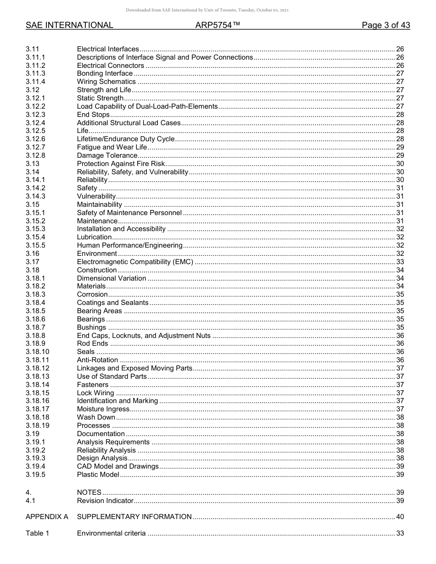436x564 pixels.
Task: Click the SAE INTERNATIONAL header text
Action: pos(69,25)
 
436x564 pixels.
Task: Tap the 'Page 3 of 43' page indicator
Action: pos(386,25)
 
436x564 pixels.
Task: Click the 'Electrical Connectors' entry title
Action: pos(110,66)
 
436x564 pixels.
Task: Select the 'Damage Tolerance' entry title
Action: pos(107,155)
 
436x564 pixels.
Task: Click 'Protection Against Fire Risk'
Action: pos(120,164)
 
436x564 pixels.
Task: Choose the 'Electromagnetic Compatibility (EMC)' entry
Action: pos(135,262)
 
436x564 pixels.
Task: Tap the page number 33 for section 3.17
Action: pos(400,262)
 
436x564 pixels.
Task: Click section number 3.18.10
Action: pos(37,352)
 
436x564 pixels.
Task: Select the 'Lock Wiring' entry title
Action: pos(95,393)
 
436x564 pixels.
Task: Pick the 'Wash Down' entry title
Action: pos(96,417)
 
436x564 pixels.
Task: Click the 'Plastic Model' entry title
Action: pos(98,475)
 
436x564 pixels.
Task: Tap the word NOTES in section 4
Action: pos(89,492)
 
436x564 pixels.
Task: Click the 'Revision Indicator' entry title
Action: pos(105,501)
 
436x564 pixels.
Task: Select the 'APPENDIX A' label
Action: pos(47,517)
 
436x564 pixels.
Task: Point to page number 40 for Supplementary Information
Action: pos(400,517)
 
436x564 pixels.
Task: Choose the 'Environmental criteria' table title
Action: pos(111,533)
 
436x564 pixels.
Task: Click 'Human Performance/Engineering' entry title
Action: pos(129,245)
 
